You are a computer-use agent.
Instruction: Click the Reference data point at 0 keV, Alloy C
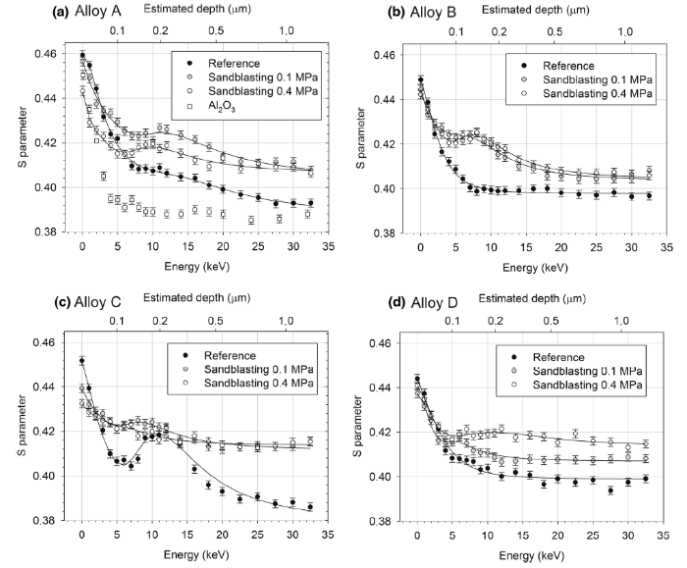point(81,361)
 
